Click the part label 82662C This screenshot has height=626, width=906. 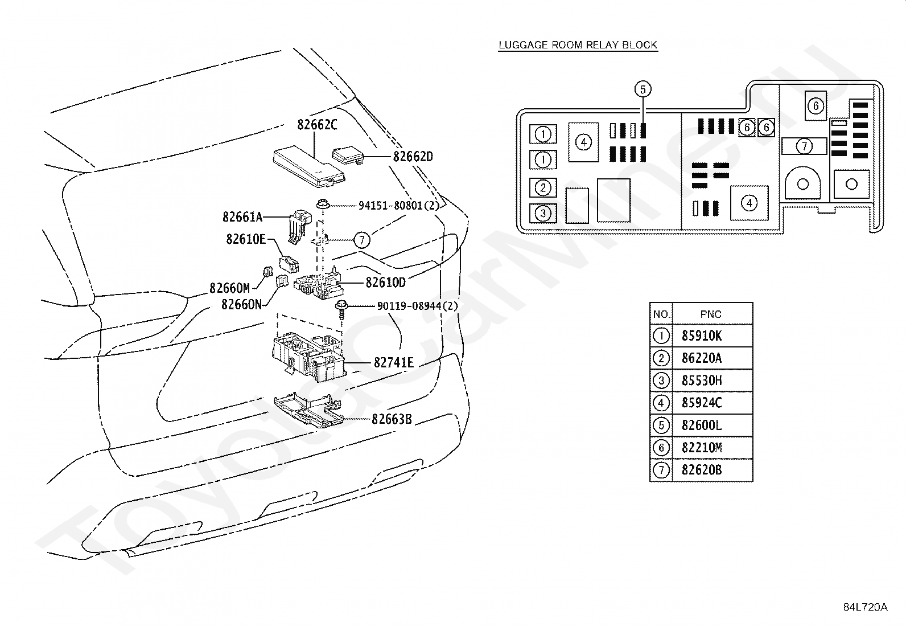click(x=317, y=125)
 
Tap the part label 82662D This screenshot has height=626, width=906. click(x=413, y=157)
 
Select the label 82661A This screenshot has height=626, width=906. click(x=242, y=217)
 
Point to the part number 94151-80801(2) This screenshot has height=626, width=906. click(x=399, y=206)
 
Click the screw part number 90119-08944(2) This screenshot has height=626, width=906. click(x=417, y=306)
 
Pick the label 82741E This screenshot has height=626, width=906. click(x=394, y=363)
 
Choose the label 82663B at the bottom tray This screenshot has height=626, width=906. click(x=392, y=419)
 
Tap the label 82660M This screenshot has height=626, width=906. click(x=230, y=288)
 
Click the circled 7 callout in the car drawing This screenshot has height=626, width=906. click(x=361, y=240)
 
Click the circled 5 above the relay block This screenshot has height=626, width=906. click(x=643, y=89)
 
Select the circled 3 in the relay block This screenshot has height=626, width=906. click(x=543, y=214)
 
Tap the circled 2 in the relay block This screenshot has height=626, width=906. click(x=543, y=187)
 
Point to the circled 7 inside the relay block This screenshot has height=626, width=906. click(x=804, y=146)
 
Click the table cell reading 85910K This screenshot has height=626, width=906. click(x=701, y=335)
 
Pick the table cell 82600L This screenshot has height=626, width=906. click(x=701, y=425)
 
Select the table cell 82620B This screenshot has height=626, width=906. click(x=701, y=470)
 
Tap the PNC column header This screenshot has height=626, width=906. click(x=711, y=314)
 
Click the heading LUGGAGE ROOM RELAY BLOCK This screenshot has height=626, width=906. click(x=578, y=45)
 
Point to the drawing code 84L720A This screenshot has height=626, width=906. click(x=865, y=607)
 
